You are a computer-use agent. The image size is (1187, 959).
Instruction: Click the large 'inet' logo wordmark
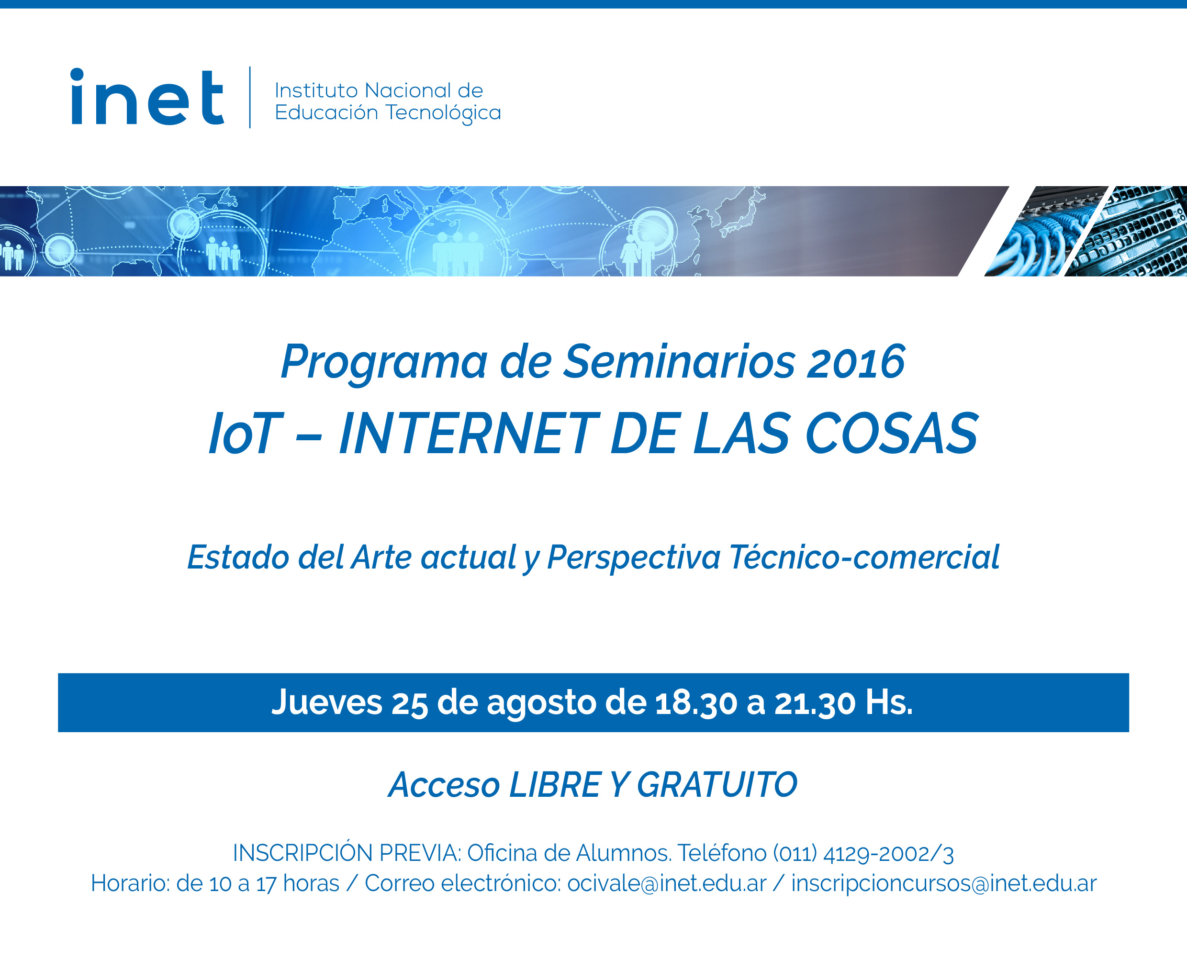tap(147, 97)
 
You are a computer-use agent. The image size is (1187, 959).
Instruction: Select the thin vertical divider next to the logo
tap(250, 97)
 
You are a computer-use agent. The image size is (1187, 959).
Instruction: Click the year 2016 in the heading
tap(855, 362)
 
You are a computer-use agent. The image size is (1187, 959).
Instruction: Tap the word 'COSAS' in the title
tap(891, 434)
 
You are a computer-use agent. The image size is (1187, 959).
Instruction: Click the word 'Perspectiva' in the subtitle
tap(633, 558)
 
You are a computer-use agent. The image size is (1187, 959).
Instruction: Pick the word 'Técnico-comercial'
tap(864, 557)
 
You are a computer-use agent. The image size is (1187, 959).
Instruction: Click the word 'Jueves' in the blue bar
tap(326, 703)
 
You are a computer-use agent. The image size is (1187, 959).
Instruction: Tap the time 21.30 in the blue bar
tap(815, 703)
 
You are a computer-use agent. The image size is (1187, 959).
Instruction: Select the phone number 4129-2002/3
tap(888, 854)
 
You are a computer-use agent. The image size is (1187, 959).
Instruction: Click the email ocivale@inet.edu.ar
tap(667, 884)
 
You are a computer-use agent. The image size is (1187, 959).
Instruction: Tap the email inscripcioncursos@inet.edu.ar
tap(944, 884)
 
